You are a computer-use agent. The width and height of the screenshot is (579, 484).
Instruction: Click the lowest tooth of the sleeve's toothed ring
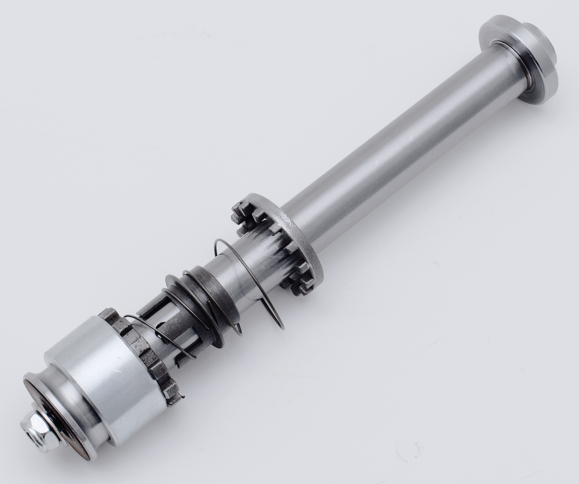pyautogui.click(x=174, y=398)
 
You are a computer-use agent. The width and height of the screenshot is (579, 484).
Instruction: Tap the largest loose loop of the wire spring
pyautogui.click(x=252, y=282)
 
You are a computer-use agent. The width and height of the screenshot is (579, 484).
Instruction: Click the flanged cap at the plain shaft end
pyautogui.click(x=520, y=58)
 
